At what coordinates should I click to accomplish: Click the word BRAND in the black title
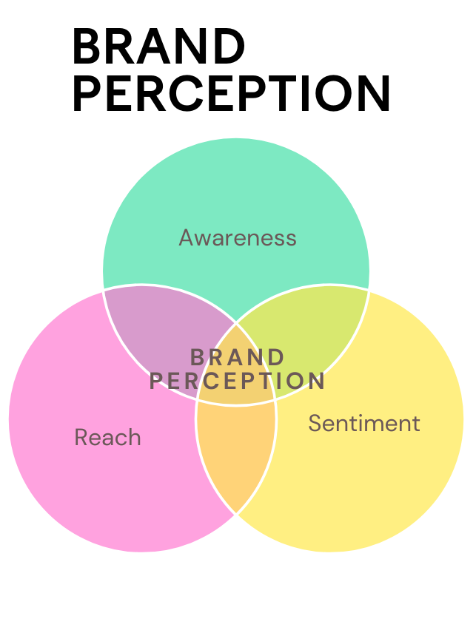coord(158,47)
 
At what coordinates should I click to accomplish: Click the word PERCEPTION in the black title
coord(232,95)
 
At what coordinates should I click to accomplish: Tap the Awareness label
coord(238,238)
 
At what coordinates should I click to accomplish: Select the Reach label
coord(107,438)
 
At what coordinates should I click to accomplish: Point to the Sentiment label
coord(363,424)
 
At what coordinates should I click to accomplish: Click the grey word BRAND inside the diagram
coord(238,357)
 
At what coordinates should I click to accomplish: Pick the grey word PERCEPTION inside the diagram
coord(238,381)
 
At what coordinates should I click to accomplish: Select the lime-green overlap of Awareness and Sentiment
coord(311,325)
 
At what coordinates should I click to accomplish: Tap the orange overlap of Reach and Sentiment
coord(236,455)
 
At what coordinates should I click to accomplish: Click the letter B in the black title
coord(87,47)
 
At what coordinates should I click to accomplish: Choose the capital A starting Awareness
coord(187,238)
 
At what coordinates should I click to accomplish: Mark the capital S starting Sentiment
coord(315,424)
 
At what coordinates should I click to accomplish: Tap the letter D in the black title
coord(230,47)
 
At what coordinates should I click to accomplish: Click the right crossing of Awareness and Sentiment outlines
coord(369,289)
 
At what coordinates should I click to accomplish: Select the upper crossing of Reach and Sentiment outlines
coord(236,323)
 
